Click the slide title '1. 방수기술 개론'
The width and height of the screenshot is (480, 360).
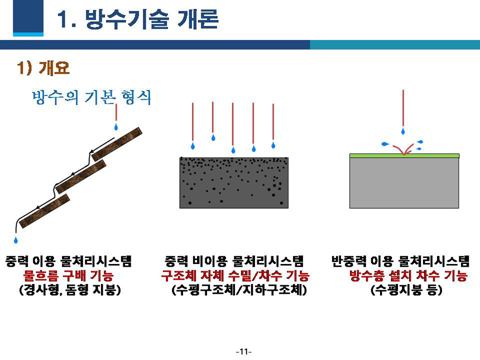138,20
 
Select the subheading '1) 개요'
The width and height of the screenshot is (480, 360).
43,68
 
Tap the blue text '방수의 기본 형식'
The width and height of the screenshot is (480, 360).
92,97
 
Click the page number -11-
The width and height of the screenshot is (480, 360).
244,352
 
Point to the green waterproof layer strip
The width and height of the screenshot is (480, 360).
404,156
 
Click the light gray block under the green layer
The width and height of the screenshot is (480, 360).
404,183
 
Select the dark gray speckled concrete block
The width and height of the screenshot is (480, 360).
234,183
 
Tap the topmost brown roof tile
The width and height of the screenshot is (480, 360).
117,144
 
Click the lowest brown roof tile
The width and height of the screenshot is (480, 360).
45,211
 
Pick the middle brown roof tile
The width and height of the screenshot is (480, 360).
81,176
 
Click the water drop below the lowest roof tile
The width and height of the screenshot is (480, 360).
16,239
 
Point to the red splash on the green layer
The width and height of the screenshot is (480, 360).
404,150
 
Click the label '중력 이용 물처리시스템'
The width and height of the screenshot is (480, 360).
69,261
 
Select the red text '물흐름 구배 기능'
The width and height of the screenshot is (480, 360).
68,276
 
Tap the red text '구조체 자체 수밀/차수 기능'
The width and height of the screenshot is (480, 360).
235,276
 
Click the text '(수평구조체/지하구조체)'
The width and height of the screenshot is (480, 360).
239,290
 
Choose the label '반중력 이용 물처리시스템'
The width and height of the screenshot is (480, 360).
400,261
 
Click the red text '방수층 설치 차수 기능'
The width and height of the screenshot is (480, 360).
409,276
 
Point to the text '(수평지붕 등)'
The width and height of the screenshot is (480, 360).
406,290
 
